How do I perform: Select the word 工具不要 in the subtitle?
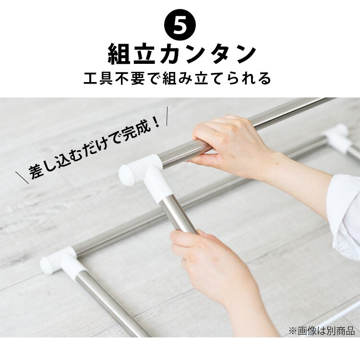click(x=112, y=78)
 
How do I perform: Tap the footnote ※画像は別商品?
click(x=321, y=331)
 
